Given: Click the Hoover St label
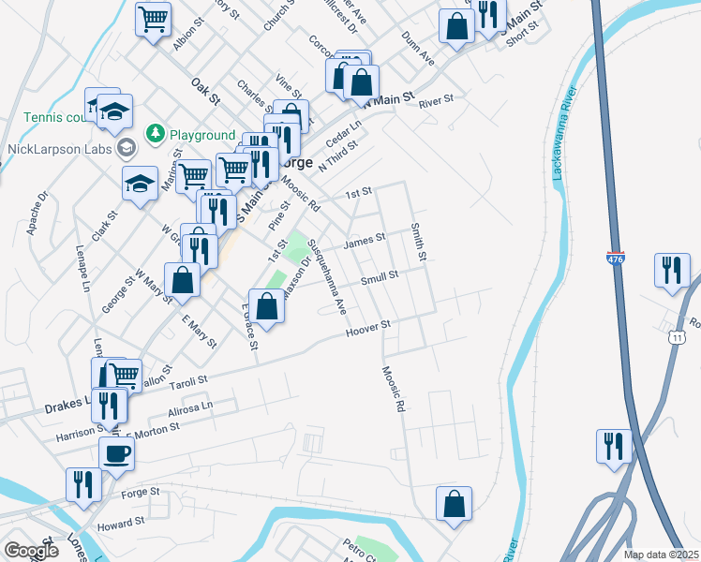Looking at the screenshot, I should [x=367, y=329].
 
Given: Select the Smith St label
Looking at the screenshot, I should [x=419, y=243].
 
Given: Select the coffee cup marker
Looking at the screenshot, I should [x=116, y=454].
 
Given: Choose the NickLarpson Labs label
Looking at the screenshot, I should [x=59, y=148].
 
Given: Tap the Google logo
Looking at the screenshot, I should [x=31, y=551].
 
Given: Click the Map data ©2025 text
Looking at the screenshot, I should [x=661, y=555].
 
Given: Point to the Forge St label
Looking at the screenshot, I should [x=142, y=491].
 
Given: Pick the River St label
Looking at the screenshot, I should [x=436, y=99].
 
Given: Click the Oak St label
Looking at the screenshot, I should [x=204, y=91].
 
